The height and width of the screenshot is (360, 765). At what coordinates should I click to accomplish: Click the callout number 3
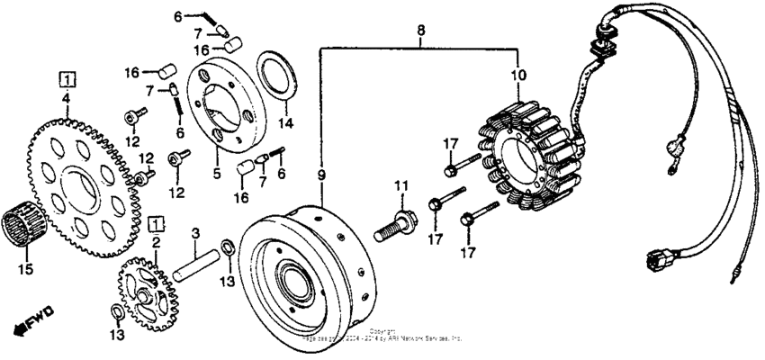[194, 236]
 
